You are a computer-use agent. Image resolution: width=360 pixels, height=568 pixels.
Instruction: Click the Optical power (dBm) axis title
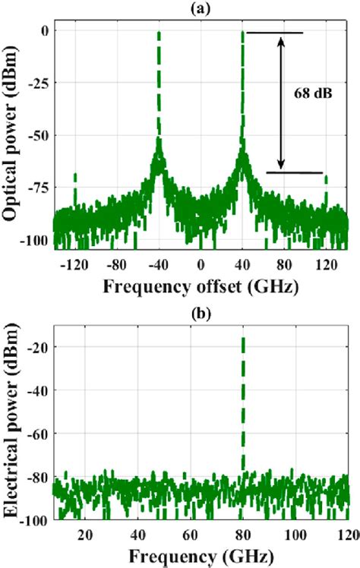tap(11, 138)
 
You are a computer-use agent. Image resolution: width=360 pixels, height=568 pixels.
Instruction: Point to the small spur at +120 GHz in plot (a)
tap(327, 178)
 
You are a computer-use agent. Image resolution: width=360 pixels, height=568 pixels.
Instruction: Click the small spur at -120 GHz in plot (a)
tap(74, 176)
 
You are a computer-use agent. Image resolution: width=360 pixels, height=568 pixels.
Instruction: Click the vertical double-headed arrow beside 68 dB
tap(281, 103)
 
